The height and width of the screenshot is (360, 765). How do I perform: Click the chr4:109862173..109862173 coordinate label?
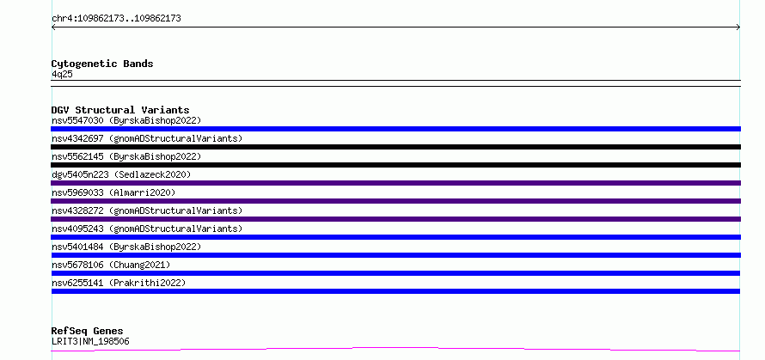coord(116,19)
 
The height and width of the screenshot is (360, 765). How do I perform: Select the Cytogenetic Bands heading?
coord(102,64)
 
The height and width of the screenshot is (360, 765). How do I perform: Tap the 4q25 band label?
coord(63,74)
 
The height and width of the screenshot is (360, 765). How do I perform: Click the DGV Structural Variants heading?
coord(120,110)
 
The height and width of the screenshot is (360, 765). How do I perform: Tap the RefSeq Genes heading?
coord(87,332)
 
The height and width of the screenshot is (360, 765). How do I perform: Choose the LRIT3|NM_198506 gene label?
coord(90,341)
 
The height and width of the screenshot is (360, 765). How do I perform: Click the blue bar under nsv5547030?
coord(395,129)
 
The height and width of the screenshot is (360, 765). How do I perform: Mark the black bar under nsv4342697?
coord(395,147)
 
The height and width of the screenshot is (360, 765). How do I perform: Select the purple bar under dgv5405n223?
coord(395,183)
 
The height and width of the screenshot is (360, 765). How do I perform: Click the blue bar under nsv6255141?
coord(395,291)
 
